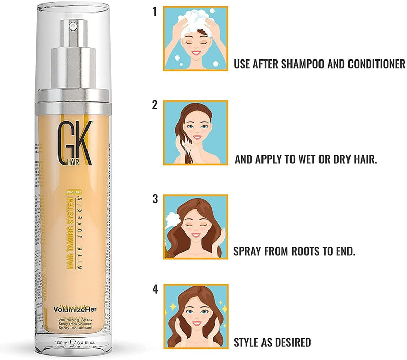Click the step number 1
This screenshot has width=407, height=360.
pos(154,11)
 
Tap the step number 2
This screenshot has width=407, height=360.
pos(154,105)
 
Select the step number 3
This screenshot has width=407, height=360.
pos(154,198)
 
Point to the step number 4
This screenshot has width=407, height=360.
pos(154,290)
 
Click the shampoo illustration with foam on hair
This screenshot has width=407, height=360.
pos(195,38)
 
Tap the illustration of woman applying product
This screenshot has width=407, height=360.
pos(195,132)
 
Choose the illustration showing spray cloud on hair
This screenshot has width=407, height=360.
pos(195,226)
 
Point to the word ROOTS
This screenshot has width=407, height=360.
pos(309,251)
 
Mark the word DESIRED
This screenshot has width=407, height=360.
pos(291,343)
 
